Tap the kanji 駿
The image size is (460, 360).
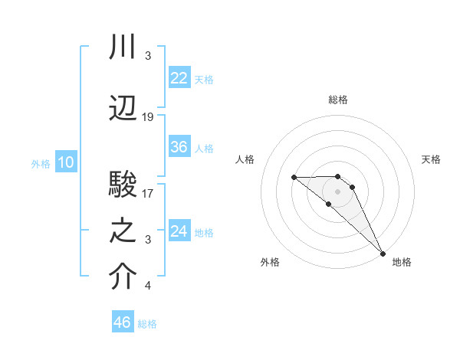pos(123,185)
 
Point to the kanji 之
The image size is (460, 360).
pos(123,232)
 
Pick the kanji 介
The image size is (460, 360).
pos(123,278)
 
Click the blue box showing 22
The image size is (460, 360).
pos(179,77)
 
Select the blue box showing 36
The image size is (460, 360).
pos(179,147)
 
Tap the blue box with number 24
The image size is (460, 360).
pos(179,231)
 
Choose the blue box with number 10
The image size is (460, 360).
pos(65,162)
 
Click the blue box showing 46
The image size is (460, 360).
pos(123,322)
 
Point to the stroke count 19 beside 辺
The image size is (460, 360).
pos(148,117)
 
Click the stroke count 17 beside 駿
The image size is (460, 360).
pos(148,193)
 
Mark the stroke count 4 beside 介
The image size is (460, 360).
pos(147,286)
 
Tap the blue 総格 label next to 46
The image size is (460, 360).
pos(147,324)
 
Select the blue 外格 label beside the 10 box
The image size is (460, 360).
pos(40,164)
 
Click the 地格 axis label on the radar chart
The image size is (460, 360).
pos(402,262)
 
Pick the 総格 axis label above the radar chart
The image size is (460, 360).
pos(338,100)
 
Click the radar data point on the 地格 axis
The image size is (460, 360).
pos(382,253)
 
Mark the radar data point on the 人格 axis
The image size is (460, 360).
pos(294,178)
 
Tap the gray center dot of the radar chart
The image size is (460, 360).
pos(338,191)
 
